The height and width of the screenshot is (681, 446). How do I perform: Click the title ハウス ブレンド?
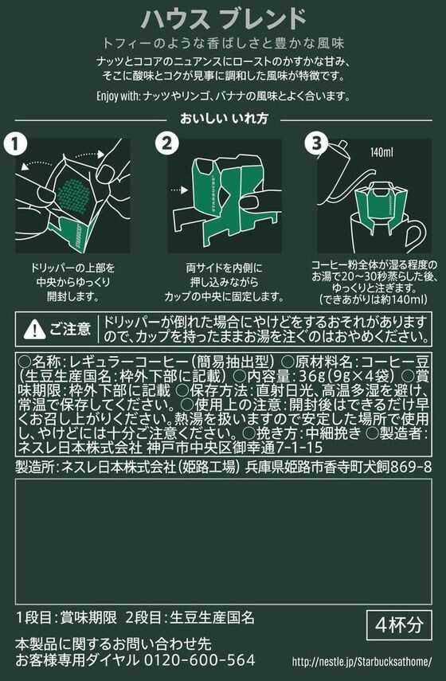[x=224, y=20]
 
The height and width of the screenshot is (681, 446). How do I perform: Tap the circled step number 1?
[x=15, y=144]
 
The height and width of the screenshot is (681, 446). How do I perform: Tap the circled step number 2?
[x=167, y=144]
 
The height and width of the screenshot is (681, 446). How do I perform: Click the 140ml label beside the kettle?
[x=381, y=152]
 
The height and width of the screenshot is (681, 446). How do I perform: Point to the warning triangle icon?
[x=35, y=330]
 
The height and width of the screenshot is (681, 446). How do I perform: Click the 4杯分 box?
[x=399, y=625]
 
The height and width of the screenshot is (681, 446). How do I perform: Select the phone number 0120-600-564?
[x=199, y=660]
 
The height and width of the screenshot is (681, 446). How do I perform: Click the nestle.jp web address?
[x=362, y=662]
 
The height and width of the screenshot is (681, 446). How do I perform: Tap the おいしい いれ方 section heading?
[x=224, y=119]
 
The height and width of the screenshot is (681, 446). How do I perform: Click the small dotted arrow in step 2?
[x=178, y=190]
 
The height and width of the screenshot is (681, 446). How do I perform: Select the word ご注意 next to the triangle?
[x=70, y=329]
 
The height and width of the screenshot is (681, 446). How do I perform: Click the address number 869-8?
[x=411, y=467]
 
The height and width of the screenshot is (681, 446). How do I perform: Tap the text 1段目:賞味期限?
[x=66, y=617]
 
